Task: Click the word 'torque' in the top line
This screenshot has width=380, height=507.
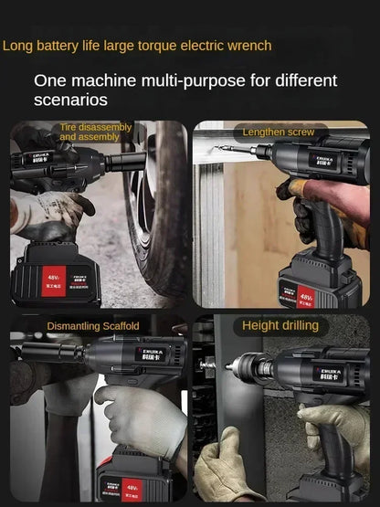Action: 161,45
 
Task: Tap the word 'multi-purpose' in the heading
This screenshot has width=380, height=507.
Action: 189,80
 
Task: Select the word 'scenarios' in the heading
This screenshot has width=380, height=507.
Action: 70,100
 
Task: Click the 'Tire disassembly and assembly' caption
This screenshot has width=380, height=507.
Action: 96,132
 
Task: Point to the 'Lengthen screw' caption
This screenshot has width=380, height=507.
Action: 279,132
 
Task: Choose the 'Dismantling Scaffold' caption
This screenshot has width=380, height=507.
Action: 93,326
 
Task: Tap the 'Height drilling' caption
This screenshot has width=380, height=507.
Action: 280,325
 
